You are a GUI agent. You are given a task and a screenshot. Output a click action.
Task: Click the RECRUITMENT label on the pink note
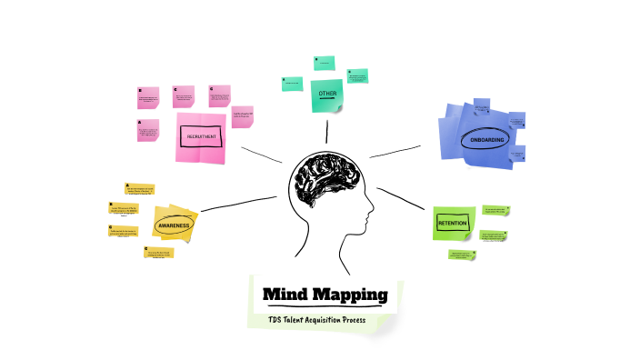tap(200, 135)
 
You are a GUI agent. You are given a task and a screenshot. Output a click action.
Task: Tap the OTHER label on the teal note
tap(327, 94)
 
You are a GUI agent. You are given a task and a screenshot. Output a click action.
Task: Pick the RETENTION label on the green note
tap(452, 223)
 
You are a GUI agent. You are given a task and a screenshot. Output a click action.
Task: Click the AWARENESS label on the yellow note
tap(173, 224)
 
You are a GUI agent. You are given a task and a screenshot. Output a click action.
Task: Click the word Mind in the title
tap(286, 295)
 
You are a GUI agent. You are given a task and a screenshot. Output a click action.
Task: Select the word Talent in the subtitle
tap(301, 320)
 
